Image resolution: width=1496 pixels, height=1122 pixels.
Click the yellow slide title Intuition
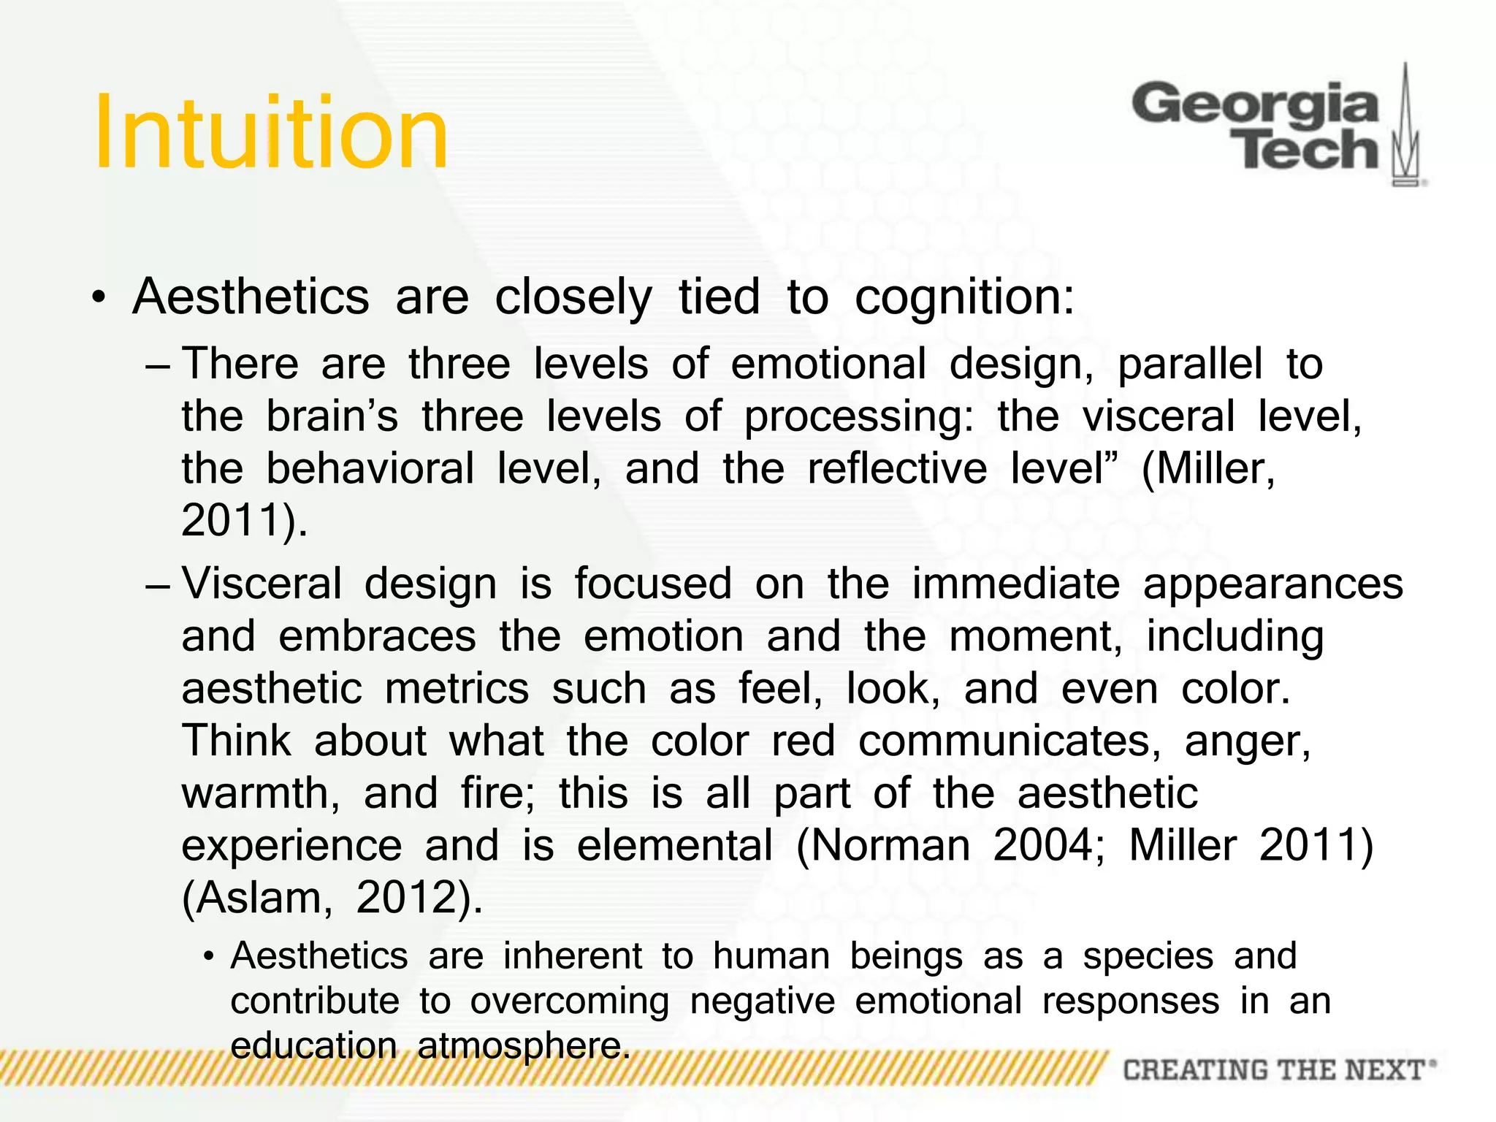tap(271, 134)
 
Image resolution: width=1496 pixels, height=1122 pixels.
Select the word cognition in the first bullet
tap(964, 298)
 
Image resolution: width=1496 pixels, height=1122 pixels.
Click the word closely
tap(573, 298)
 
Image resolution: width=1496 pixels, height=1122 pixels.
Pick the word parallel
tap(1190, 364)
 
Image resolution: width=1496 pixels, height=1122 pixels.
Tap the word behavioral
tap(370, 468)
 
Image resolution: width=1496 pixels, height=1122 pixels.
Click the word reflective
tap(897, 468)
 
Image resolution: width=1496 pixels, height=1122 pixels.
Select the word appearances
tap(1272, 584)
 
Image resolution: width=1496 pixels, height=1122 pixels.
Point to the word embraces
tap(378, 636)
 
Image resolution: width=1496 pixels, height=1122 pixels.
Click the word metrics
tap(457, 689)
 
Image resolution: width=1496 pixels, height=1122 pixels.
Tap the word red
tap(803, 741)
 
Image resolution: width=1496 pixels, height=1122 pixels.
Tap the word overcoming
tap(570, 1001)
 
